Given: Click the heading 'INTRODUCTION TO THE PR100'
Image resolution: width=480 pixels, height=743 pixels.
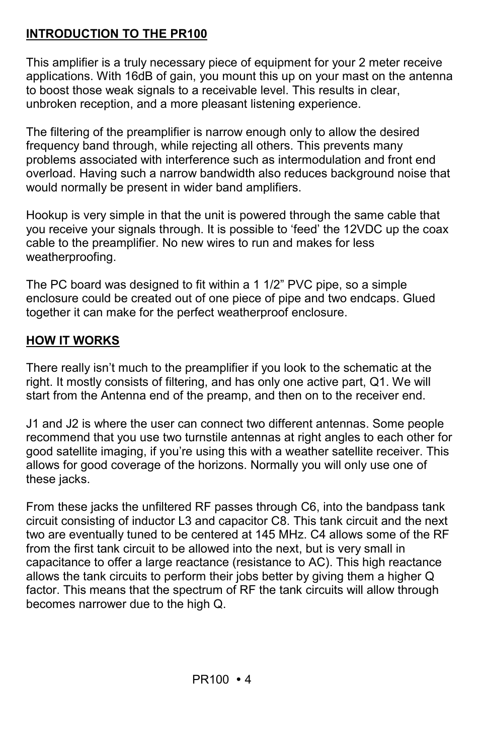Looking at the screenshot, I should pyautogui.click(x=116, y=34).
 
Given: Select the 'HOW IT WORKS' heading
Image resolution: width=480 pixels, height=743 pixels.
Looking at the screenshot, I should pyautogui.click(x=72, y=341).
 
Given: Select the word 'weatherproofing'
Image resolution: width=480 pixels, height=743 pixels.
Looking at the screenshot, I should pyautogui.click(x=70, y=257).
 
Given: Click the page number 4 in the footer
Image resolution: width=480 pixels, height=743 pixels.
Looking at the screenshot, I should pyautogui.click(x=248, y=680).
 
